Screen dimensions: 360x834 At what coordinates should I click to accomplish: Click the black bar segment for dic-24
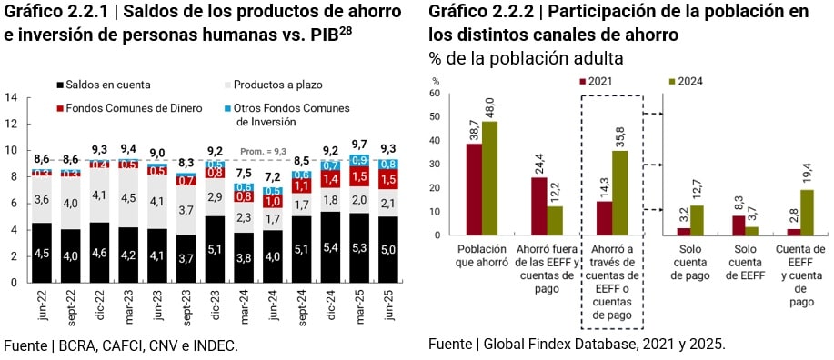coord(329,246)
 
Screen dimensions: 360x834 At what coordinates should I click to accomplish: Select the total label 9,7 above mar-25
coord(358,145)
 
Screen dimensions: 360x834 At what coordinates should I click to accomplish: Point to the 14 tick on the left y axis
coord(11,97)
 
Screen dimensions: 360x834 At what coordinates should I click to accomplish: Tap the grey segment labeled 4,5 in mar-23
coord(129,198)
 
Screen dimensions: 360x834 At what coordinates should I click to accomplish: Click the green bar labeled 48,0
coord(490,178)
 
